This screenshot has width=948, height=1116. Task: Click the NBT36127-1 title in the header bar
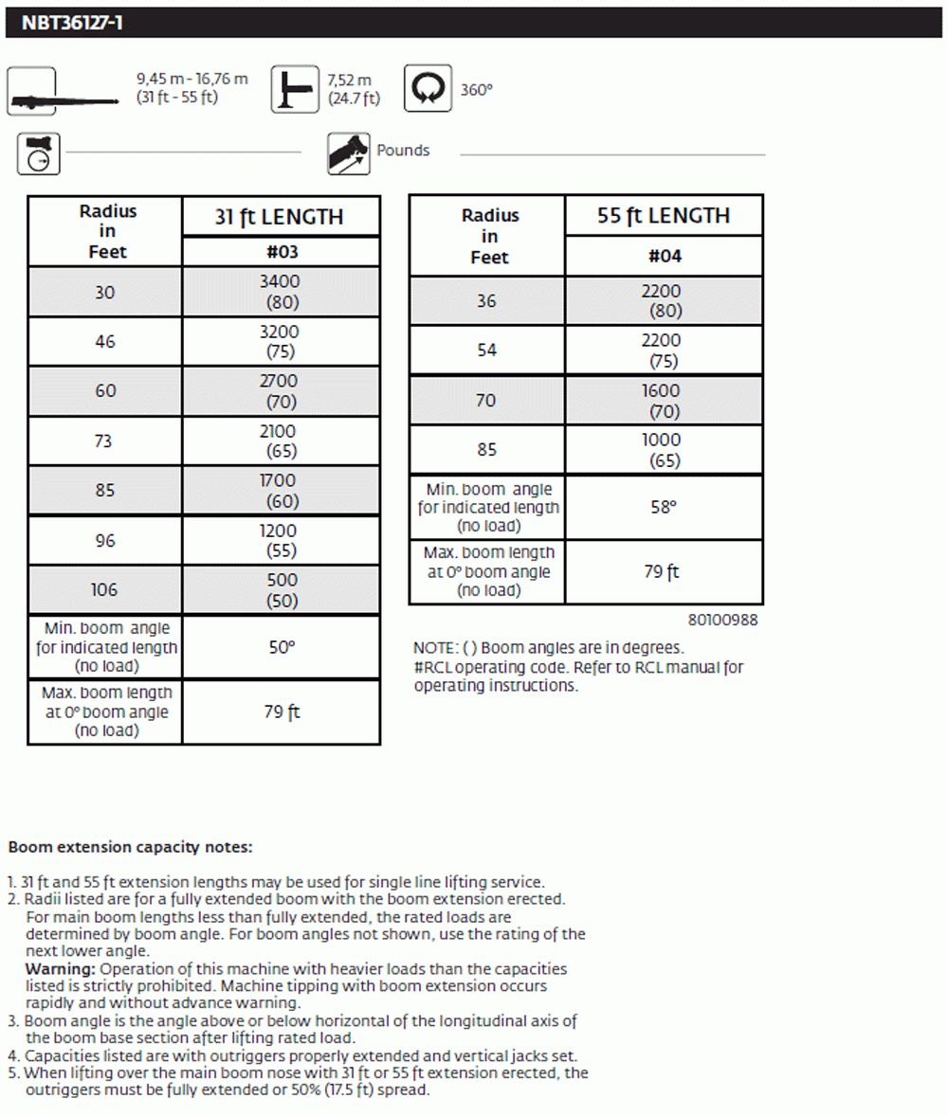[x=72, y=23]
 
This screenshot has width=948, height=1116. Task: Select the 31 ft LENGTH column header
[x=280, y=217]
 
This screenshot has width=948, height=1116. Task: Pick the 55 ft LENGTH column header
[x=663, y=216]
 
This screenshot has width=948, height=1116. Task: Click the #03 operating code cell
[x=281, y=252]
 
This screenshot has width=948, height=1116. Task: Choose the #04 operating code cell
[x=664, y=256]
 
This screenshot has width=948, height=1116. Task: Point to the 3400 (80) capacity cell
[x=281, y=292]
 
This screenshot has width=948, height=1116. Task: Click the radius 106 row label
[x=104, y=590]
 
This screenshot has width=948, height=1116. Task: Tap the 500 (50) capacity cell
[x=281, y=590]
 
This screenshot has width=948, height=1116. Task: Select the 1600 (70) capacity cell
[x=664, y=401]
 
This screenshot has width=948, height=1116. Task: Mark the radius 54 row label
[x=486, y=351]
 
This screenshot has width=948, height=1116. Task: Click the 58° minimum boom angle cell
[x=664, y=508]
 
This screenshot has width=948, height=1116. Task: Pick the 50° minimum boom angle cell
[x=281, y=647]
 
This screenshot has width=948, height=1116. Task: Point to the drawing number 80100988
[x=722, y=621]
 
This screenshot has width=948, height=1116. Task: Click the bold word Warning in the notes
[x=60, y=969]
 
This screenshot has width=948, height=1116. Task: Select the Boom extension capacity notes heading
[x=130, y=847]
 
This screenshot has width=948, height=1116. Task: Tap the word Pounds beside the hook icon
[x=403, y=150]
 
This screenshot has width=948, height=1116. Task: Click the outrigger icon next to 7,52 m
[x=295, y=89]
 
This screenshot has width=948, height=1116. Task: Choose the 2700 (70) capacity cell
[x=281, y=391]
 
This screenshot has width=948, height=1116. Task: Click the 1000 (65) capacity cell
[x=664, y=450]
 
